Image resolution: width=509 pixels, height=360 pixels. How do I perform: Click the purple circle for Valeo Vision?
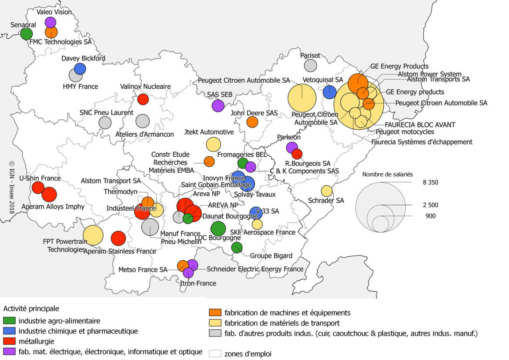[x=50, y=22]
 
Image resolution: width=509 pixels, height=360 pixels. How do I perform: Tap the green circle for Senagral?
[x=27, y=34]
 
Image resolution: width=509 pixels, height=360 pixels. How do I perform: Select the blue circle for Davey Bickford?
[x=80, y=69]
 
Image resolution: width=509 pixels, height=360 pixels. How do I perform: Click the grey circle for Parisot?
[x=310, y=66]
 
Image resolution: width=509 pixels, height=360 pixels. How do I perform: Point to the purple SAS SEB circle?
[x=218, y=105]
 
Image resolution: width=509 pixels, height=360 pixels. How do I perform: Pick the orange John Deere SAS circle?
[x=252, y=122]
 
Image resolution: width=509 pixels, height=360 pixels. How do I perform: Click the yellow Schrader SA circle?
[x=326, y=191]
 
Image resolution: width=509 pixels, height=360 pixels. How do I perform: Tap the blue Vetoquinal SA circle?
[x=329, y=92]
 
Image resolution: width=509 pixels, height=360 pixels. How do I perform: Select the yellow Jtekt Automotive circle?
[x=213, y=144]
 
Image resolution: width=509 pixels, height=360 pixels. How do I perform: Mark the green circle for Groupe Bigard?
[x=237, y=248]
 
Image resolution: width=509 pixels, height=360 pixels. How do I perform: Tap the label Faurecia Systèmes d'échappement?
[x=422, y=142]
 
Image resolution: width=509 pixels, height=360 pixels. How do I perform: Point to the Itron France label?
[x=198, y=283]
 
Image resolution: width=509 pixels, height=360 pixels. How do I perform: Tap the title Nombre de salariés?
[x=388, y=174]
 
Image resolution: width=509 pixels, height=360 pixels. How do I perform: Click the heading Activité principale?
[x=31, y=309]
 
